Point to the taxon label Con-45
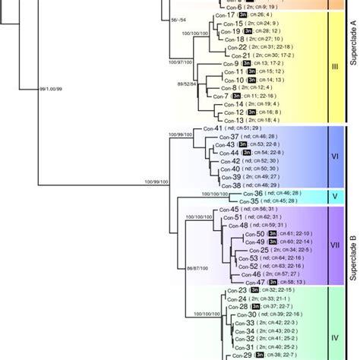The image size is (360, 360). [x=229, y=210]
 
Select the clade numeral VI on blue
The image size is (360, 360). [x=335, y=156]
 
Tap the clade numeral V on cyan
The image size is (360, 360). [x=335, y=197]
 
